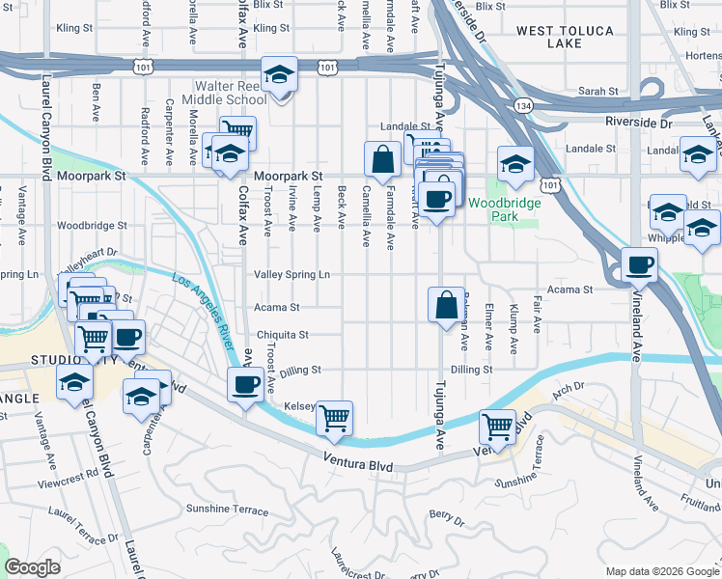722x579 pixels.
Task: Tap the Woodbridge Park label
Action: pos(493,209)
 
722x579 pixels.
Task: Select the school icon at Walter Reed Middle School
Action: pos(279,75)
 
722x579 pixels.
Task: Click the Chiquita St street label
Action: pos(282,335)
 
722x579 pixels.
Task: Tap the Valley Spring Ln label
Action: pos(292,275)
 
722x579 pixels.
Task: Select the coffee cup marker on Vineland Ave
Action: pos(639,264)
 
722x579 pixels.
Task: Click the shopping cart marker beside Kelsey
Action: pos(334,418)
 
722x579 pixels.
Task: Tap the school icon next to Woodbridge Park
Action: pos(515,164)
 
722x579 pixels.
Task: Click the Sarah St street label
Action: pos(597,92)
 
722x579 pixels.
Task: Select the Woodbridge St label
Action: pos(92,225)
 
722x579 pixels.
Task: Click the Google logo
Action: pos(33,567)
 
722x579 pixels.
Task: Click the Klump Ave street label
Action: pos(513,331)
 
